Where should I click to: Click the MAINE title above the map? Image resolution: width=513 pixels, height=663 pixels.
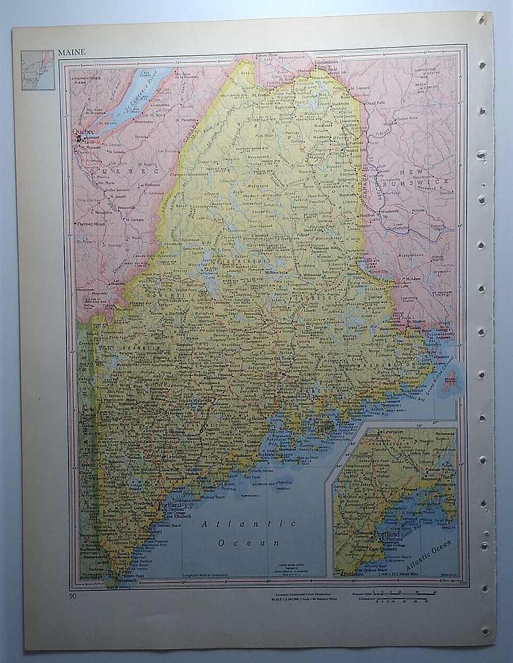pos(72,52)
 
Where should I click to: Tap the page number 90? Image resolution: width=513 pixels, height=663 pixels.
pos(72,596)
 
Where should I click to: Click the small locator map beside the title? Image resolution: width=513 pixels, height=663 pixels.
pos(37,70)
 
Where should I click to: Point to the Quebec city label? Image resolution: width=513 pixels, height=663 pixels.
pos(82,132)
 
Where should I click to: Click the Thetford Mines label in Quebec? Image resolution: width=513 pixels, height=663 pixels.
pos(91,224)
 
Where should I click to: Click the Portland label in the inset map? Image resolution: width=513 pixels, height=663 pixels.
pos(387,535)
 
